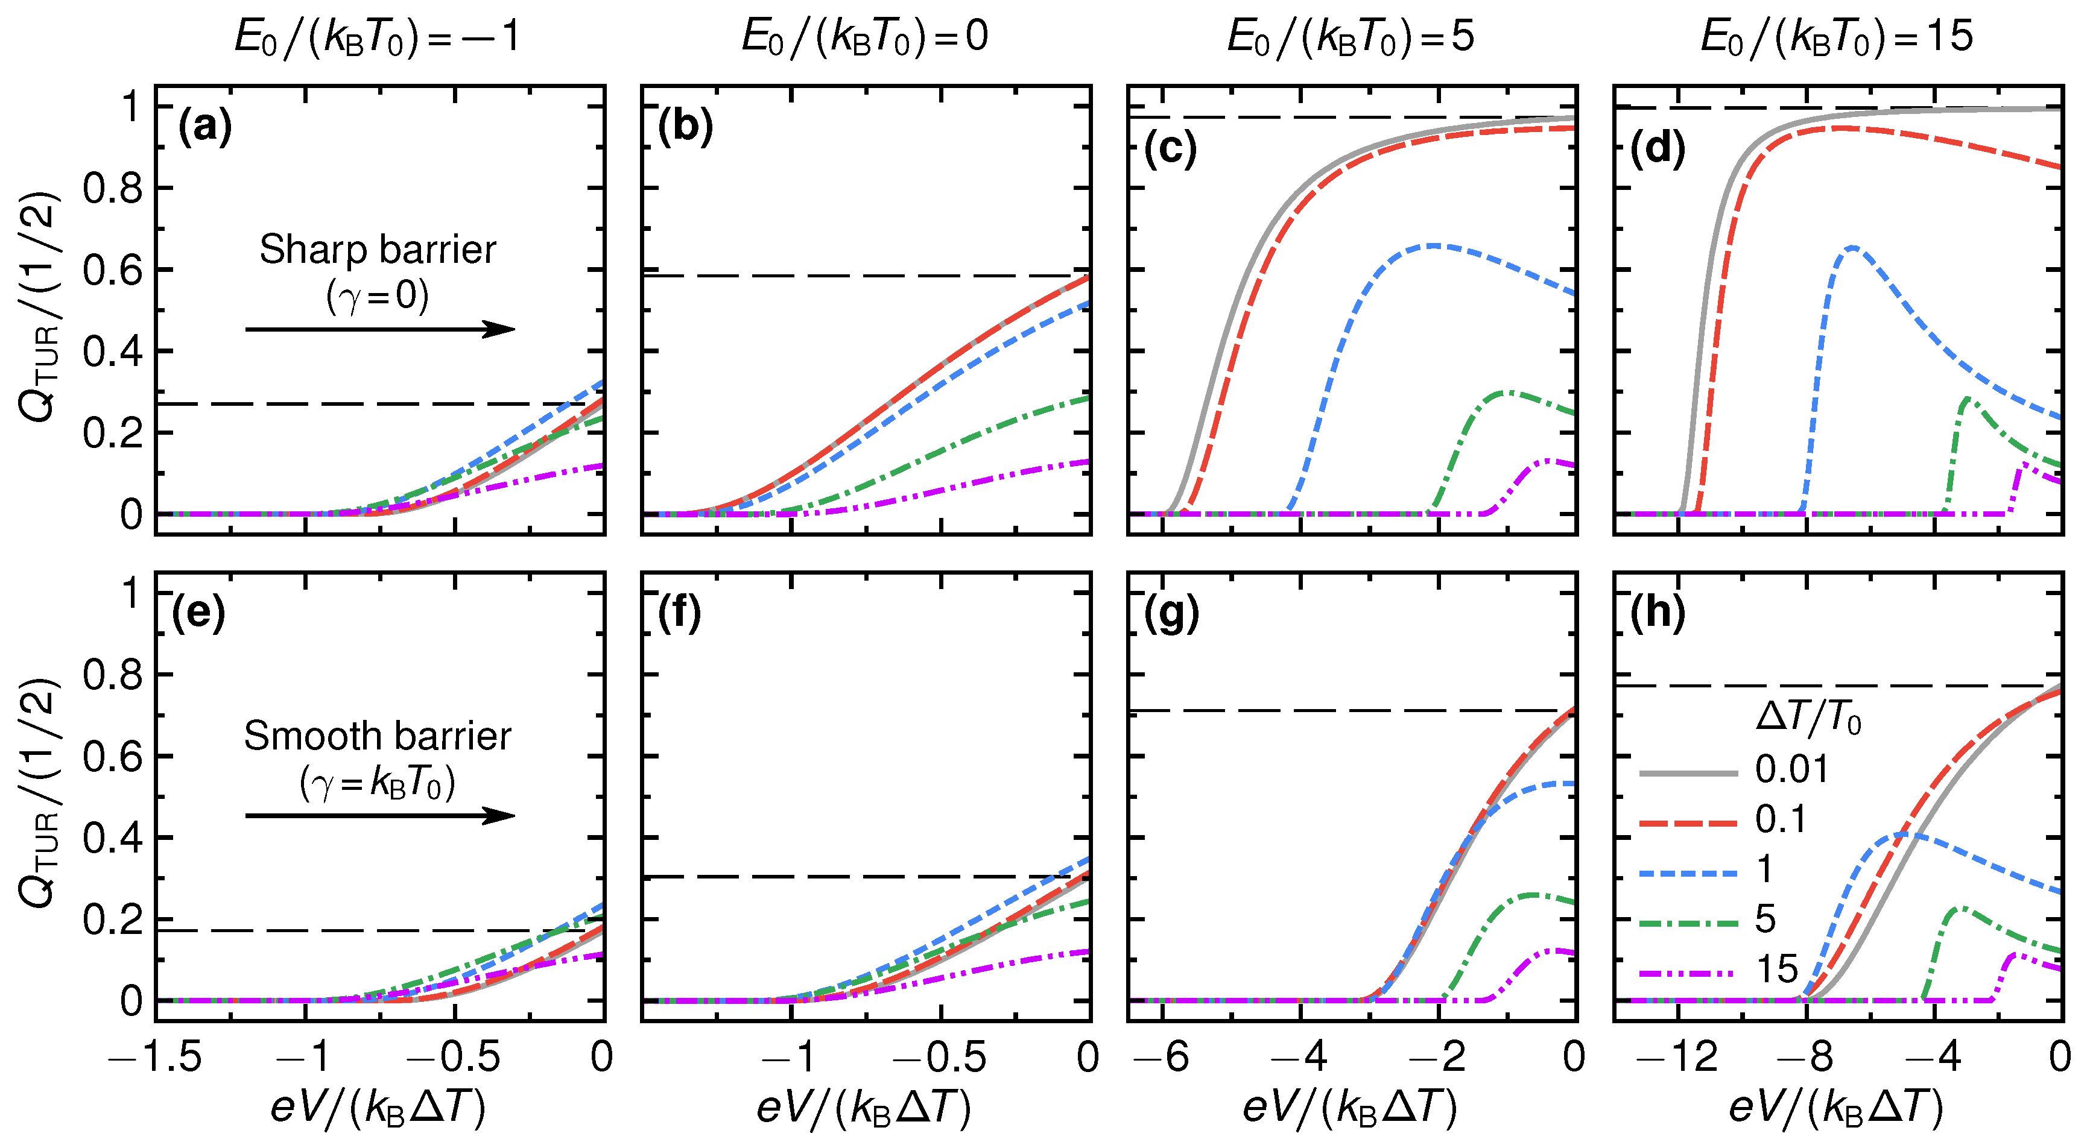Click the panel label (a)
pos(204,128)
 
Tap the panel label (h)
pos(1658,613)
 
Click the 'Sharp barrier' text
pos(378,250)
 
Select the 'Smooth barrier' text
pos(378,736)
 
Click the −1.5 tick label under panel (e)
pos(156,1057)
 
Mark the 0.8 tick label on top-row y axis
pos(113,189)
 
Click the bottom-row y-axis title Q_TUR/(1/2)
pos(39,793)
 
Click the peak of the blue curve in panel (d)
pos(1852,247)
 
